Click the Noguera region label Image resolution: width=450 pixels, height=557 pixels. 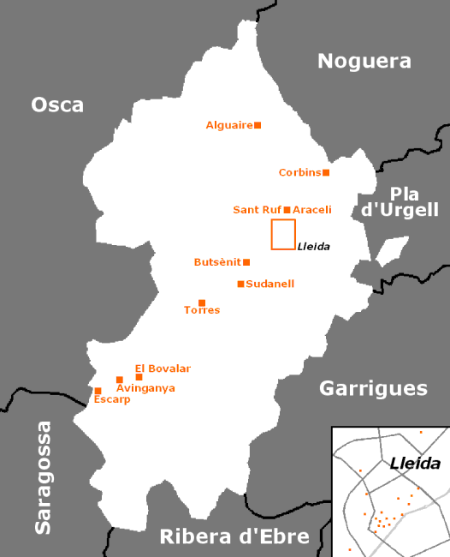click(x=364, y=61)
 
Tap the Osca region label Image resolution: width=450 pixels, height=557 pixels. click(x=57, y=105)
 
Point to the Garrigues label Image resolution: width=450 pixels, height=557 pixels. click(x=373, y=388)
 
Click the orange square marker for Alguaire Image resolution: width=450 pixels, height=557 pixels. click(x=258, y=125)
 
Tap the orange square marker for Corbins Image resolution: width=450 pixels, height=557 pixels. click(x=326, y=172)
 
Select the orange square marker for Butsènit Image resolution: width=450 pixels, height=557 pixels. click(x=246, y=262)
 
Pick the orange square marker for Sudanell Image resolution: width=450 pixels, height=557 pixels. click(x=240, y=284)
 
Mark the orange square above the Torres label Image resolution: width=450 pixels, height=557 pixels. click(x=202, y=302)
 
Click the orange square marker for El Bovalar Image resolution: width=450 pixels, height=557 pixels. click(x=139, y=377)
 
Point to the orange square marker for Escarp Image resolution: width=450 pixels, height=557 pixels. click(x=98, y=391)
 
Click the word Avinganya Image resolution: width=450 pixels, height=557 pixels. click(x=145, y=388)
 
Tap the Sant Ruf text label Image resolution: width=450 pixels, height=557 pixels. click(x=257, y=210)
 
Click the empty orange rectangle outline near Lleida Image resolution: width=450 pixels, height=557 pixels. click(x=283, y=235)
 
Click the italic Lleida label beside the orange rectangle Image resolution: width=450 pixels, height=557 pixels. click(x=313, y=247)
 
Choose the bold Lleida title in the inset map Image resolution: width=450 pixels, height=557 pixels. click(x=414, y=464)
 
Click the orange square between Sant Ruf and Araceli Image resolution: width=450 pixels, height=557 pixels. click(x=287, y=209)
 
